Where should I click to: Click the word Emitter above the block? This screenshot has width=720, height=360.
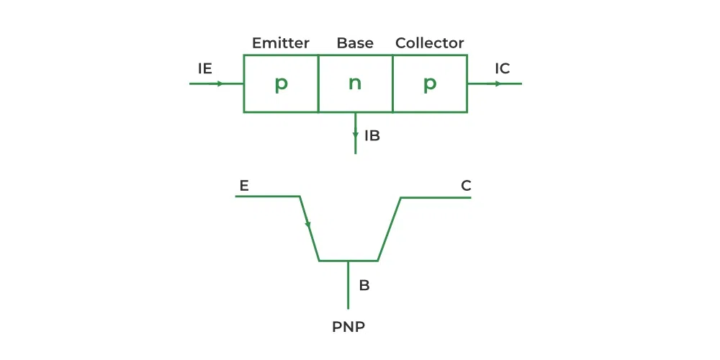(281, 43)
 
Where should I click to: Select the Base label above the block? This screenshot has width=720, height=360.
(355, 43)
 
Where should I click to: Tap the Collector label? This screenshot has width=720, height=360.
(430, 43)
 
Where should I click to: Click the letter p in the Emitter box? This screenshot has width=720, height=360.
(281, 84)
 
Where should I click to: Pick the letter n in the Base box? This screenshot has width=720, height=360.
(355, 84)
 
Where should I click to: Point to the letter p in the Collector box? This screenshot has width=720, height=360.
(430, 84)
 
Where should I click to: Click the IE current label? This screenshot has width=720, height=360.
(205, 69)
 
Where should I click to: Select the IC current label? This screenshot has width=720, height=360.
(503, 69)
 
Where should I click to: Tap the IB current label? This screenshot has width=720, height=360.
(372, 135)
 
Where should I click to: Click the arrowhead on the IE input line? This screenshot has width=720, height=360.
(220, 84)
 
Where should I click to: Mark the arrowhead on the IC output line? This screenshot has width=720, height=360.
(498, 84)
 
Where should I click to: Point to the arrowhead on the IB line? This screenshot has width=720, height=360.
(356, 135)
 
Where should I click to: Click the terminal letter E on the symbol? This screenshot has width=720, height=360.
(244, 186)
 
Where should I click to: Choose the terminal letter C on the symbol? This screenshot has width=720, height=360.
(466, 186)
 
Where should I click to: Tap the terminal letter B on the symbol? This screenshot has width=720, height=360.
(364, 285)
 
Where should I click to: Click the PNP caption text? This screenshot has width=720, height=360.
(348, 327)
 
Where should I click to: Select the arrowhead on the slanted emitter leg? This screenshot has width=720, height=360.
(308, 225)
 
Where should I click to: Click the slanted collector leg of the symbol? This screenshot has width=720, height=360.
(390, 228)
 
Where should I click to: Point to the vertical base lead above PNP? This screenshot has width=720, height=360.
(348, 284)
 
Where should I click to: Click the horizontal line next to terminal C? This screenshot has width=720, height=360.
(436, 197)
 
